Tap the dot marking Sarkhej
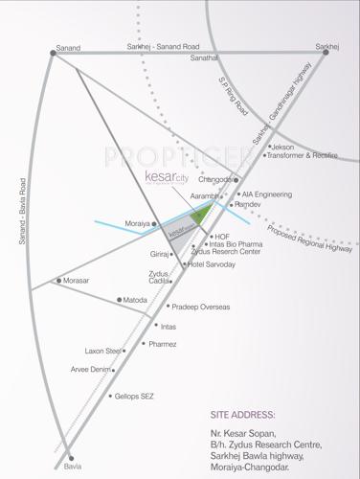point(326,53)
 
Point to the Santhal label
point(205,58)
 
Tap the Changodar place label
point(215,179)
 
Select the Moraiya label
point(138,223)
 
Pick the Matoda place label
point(136,300)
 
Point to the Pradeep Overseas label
point(201,307)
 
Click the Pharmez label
point(164,344)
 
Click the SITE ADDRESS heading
point(242,415)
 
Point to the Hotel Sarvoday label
point(212,263)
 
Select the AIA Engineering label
point(266,194)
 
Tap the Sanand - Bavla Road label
point(21,210)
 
